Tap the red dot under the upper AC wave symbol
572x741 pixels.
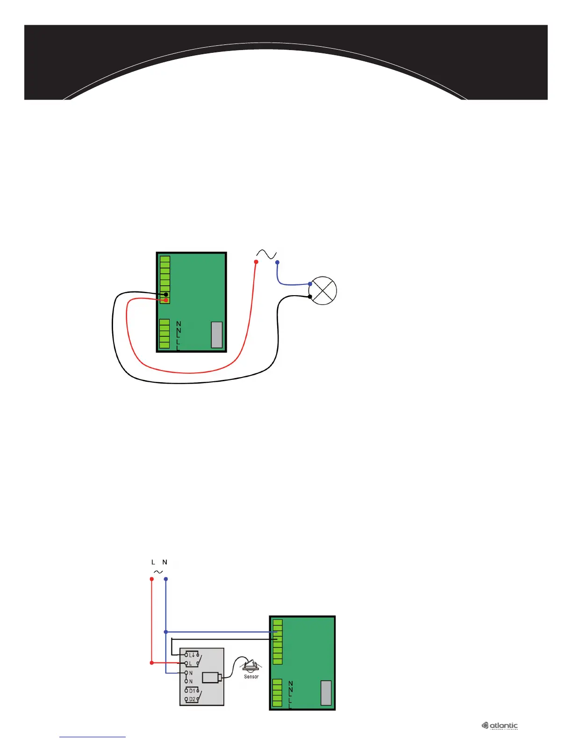[x=256, y=262]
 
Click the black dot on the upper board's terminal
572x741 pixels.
[x=166, y=294]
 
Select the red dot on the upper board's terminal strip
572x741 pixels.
[x=166, y=300]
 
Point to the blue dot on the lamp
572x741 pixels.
[x=310, y=284]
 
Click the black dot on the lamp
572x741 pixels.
[x=310, y=297]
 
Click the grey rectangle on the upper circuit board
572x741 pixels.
[x=217, y=334]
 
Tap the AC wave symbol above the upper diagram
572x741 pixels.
[x=267, y=254]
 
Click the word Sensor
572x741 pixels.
[x=251, y=676]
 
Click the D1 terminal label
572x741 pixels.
[x=193, y=690]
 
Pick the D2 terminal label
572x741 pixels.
[x=193, y=699]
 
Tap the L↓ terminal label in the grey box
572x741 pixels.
[x=192, y=655]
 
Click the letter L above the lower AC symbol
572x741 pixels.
[x=153, y=562]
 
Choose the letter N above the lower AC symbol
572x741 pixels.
[x=164, y=562]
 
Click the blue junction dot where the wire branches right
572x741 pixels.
[x=166, y=632]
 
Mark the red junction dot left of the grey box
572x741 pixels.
[x=151, y=663]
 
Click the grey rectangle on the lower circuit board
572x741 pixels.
[x=326, y=693]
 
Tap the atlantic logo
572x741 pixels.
[x=500, y=726]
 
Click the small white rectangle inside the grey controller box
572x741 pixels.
[x=212, y=677]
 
